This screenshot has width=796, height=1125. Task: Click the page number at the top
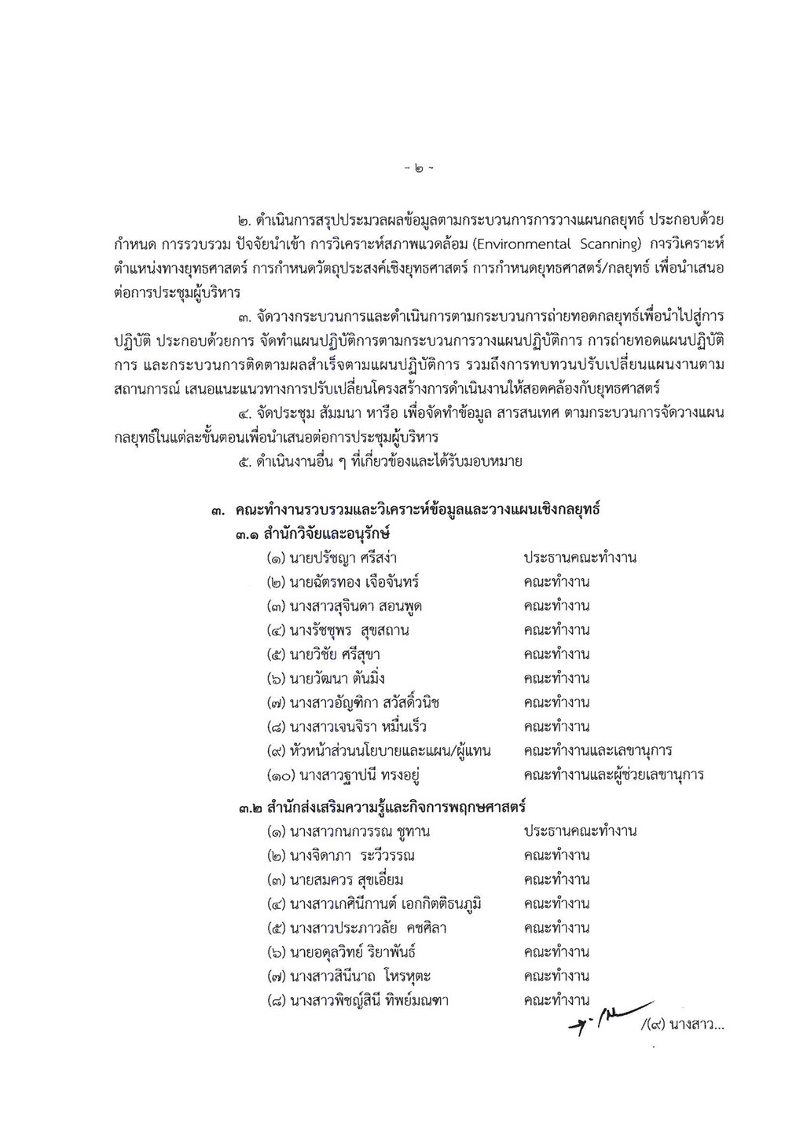tap(417, 168)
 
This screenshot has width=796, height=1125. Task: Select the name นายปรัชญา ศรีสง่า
tap(343, 558)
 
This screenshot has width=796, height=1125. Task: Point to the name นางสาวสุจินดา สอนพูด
tap(361, 606)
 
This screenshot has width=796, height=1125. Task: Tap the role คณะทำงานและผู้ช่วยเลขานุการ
tap(613, 775)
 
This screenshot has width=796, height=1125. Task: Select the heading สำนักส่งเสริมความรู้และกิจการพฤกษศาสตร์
tap(395, 807)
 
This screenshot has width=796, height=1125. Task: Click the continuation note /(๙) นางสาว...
tap(681, 1022)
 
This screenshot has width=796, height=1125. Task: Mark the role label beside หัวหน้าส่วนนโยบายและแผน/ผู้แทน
tap(597, 751)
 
